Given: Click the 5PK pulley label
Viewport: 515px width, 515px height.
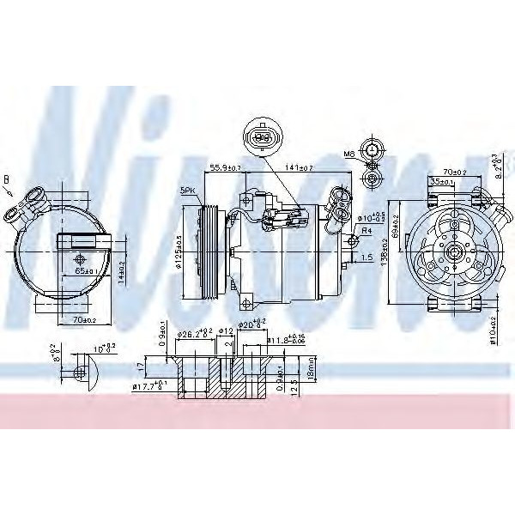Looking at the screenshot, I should point(188,190).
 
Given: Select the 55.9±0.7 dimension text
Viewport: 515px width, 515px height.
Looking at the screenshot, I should point(226,168).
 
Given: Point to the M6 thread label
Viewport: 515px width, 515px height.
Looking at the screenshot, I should point(350,155).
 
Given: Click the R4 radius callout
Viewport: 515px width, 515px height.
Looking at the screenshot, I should point(366,230).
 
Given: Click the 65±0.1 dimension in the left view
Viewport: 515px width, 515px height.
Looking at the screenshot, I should point(84,270).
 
